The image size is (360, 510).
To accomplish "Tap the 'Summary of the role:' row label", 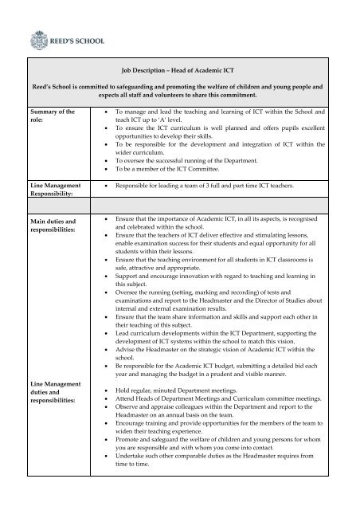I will [47, 119].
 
